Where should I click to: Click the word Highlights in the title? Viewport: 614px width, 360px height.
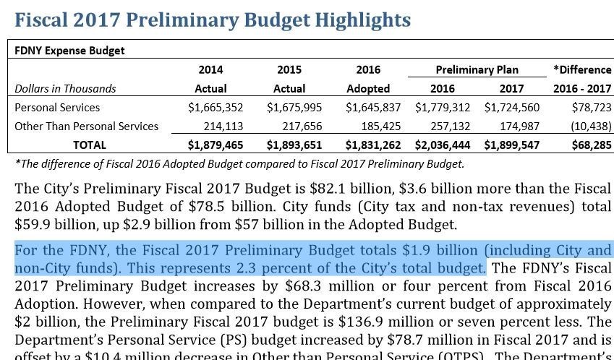[362, 20]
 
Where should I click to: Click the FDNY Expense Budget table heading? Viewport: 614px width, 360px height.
[69, 51]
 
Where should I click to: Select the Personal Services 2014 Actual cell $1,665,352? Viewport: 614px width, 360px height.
[216, 107]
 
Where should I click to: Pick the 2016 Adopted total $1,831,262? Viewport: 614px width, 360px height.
[373, 145]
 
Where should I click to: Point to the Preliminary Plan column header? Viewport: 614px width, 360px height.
[477, 69]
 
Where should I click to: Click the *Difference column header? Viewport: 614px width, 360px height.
[582, 69]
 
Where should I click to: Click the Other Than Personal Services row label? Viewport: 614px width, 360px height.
[86, 126]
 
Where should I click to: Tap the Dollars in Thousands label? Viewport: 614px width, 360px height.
[65, 88]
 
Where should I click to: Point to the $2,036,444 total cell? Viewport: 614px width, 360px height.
[442, 145]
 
